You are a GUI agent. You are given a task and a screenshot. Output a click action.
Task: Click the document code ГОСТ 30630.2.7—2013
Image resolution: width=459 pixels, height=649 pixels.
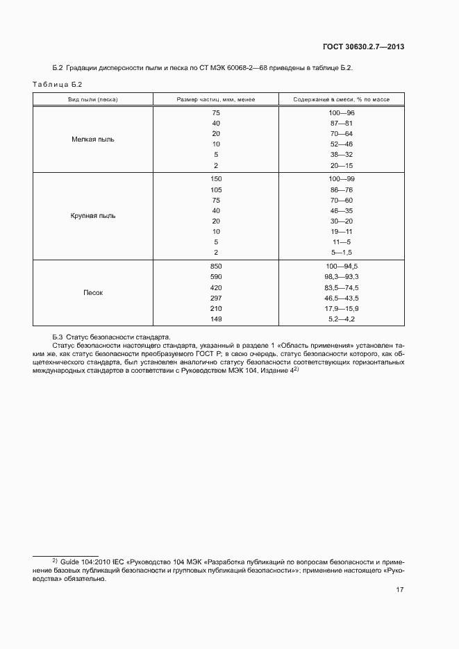pos(363,47)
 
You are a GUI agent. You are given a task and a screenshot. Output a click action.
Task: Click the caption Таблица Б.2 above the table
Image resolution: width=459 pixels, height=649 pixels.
pos(58,84)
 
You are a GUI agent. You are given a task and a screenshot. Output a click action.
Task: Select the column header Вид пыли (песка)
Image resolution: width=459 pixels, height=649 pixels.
pos(93,100)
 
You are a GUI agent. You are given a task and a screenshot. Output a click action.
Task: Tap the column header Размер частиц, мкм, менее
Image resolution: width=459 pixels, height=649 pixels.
pos(216,100)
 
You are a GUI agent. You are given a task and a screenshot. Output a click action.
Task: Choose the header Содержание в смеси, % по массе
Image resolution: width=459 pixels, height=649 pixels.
pos(341,100)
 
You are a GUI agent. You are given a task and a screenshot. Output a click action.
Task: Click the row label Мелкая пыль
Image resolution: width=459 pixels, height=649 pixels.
pos(93,139)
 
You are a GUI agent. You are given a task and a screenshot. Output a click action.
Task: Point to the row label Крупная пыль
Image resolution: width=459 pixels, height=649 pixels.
pos(93,215)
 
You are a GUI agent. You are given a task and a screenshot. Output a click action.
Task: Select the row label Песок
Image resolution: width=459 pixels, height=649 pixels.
pos(93,292)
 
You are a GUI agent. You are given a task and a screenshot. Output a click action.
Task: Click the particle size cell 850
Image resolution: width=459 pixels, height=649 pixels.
pos(216,266)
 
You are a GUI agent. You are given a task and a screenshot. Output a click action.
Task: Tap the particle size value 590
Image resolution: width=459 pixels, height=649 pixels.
pos(216,276)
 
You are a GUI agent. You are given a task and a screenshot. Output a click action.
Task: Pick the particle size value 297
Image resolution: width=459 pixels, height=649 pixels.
pos(216,297)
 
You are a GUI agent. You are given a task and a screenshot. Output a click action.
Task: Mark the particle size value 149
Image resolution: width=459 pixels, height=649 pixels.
pos(216,318)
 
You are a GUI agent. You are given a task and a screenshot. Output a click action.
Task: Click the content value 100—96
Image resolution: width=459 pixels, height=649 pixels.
pos(342,112)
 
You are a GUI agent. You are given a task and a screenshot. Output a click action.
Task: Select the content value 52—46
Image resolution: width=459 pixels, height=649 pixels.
pos(342,144)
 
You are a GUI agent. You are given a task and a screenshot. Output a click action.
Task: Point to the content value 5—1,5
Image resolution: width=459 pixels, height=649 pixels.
pos(342,252)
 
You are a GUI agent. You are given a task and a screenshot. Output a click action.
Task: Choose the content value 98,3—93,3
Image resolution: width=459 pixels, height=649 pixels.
pos(342,276)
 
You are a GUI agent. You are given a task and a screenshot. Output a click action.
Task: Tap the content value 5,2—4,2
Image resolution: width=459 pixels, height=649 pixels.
pos(342,318)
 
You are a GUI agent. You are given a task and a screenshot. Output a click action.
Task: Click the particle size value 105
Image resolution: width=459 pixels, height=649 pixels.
pos(216,189)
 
